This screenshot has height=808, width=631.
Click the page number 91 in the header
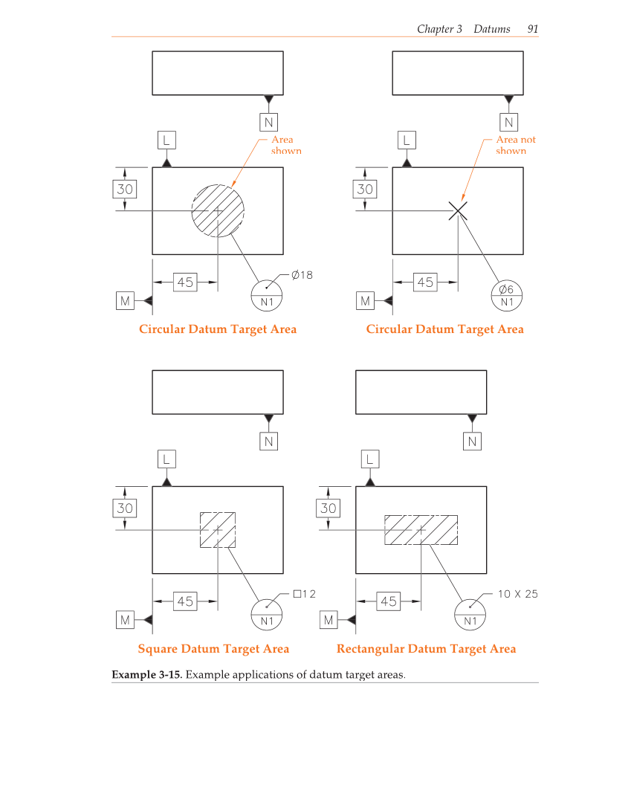(x=532, y=29)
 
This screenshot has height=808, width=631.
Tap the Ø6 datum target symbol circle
(x=507, y=295)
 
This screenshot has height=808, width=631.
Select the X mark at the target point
(x=459, y=211)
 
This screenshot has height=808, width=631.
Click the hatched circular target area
(x=218, y=210)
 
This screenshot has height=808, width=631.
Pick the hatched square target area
(x=218, y=529)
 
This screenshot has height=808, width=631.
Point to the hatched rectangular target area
(x=421, y=529)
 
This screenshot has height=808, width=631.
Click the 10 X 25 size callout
(x=517, y=594)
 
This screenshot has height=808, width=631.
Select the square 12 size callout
(x=305, y=594)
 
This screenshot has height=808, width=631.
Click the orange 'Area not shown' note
(x=515, y=145)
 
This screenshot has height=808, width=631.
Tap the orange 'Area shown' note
(x=286, y=145)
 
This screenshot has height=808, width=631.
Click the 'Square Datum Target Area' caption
(x=213, y=649)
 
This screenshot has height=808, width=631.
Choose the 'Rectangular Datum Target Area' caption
(x=426, y=649)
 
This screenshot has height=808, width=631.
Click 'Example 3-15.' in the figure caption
(x=147, y=675)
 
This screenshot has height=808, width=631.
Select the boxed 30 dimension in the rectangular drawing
(x=328, y=508)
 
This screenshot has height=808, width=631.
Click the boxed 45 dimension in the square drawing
(x=185, y=601)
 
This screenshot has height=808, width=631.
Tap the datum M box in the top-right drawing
(x=365, y=301)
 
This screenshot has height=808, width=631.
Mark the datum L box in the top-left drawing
(x=166, y=140)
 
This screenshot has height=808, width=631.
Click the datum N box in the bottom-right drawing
(x=472, y=442)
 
